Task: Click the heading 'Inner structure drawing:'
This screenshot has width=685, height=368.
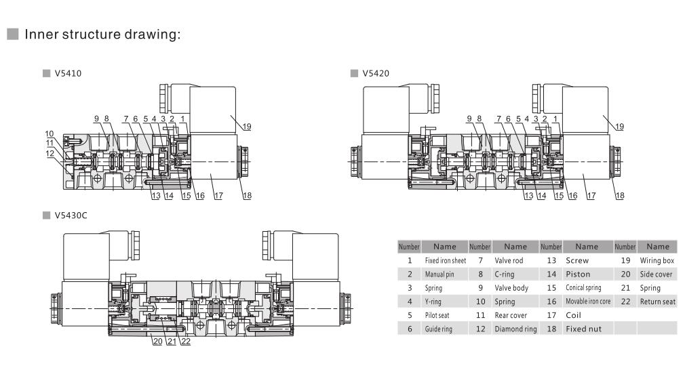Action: [x=102, y=35]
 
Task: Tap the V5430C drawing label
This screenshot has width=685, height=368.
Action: [x=71, y=216]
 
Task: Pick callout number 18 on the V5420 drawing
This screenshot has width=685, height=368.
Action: [x=619, y=195]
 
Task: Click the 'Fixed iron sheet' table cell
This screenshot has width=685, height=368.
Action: [x=445, y=260]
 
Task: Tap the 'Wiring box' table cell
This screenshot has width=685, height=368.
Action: [x=657, y=260]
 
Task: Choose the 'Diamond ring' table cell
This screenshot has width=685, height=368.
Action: [x=515, y=329]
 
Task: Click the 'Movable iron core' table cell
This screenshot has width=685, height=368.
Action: [x=587, y=302]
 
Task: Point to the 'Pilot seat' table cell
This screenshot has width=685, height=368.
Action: [x=445, y=315]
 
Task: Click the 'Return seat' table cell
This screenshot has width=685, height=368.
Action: [x=657, y=302]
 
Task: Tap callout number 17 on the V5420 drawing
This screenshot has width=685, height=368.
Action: [x=591, y=195]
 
